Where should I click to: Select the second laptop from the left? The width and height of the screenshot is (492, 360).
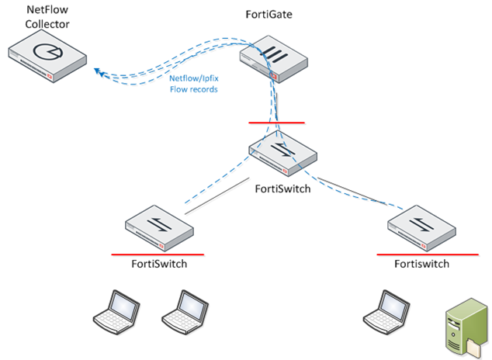click(x=184, y=310)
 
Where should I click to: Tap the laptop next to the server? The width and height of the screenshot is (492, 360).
click(x=386, y=310)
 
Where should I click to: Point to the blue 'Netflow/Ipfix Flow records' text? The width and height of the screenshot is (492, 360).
click(x=193, y=84)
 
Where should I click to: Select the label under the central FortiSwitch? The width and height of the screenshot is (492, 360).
click(x=283, y=188)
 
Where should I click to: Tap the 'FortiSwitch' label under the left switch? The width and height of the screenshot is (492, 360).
click(x=159, y=264)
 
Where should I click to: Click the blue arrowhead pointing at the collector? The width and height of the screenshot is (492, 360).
click(x=99, y=73)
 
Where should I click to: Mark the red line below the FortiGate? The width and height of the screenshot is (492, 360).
click(x=276, y=123)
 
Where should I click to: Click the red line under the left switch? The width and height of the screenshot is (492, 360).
click(x=158, y=254)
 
